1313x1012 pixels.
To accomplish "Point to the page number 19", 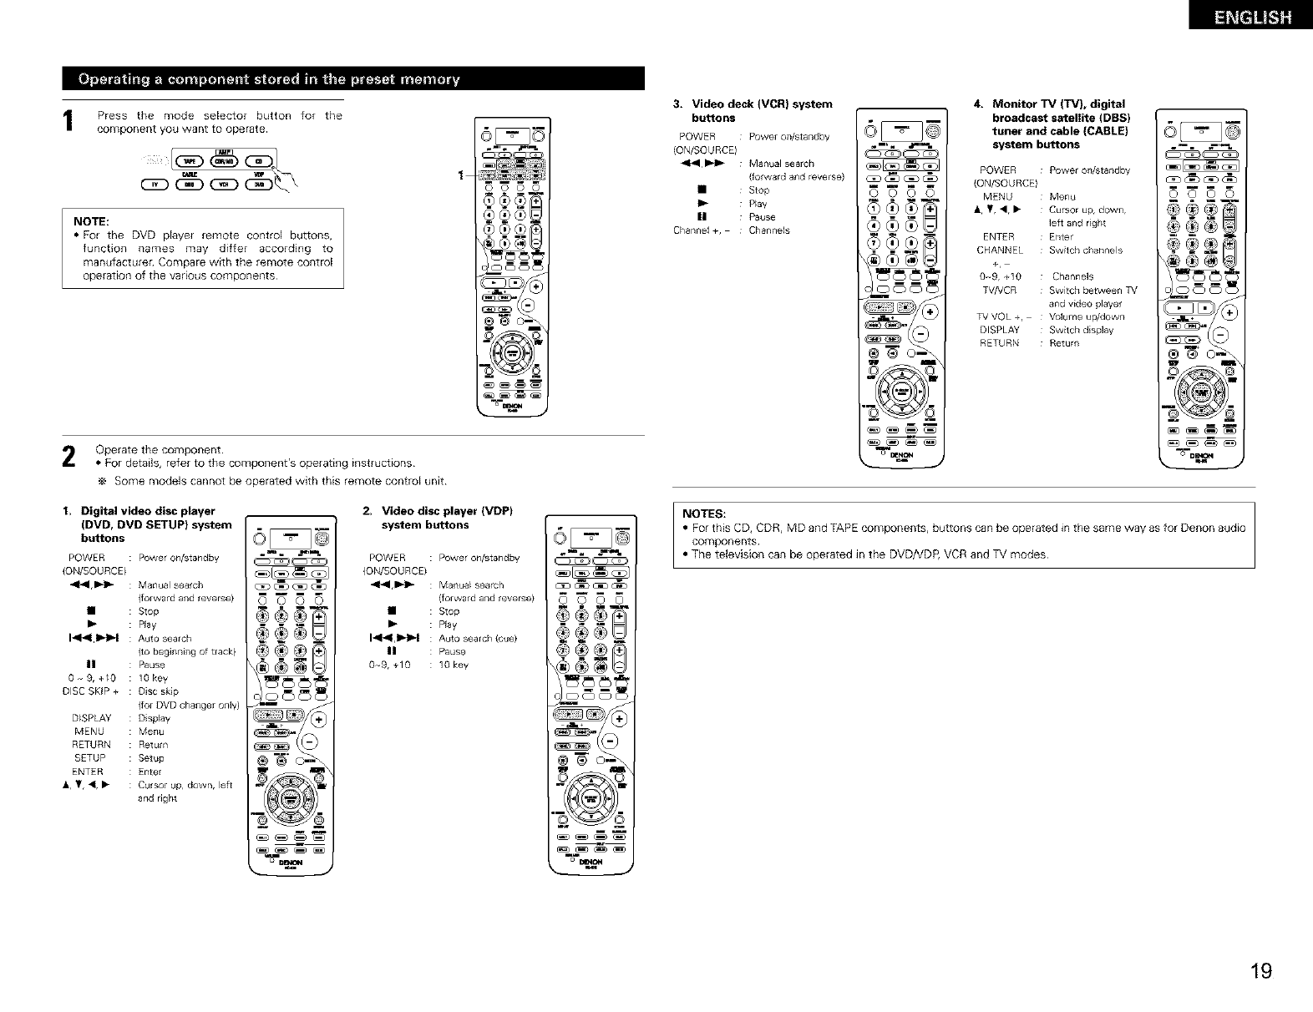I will pos(1260,971).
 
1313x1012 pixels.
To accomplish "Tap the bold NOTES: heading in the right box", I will pos(704,513).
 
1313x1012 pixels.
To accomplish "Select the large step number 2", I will pos(70,456).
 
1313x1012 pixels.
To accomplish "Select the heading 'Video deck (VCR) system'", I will pos(760,104).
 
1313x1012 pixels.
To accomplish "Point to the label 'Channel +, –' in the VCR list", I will pos(700,230).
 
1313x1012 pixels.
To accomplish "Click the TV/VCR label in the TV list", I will pos(998,290).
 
